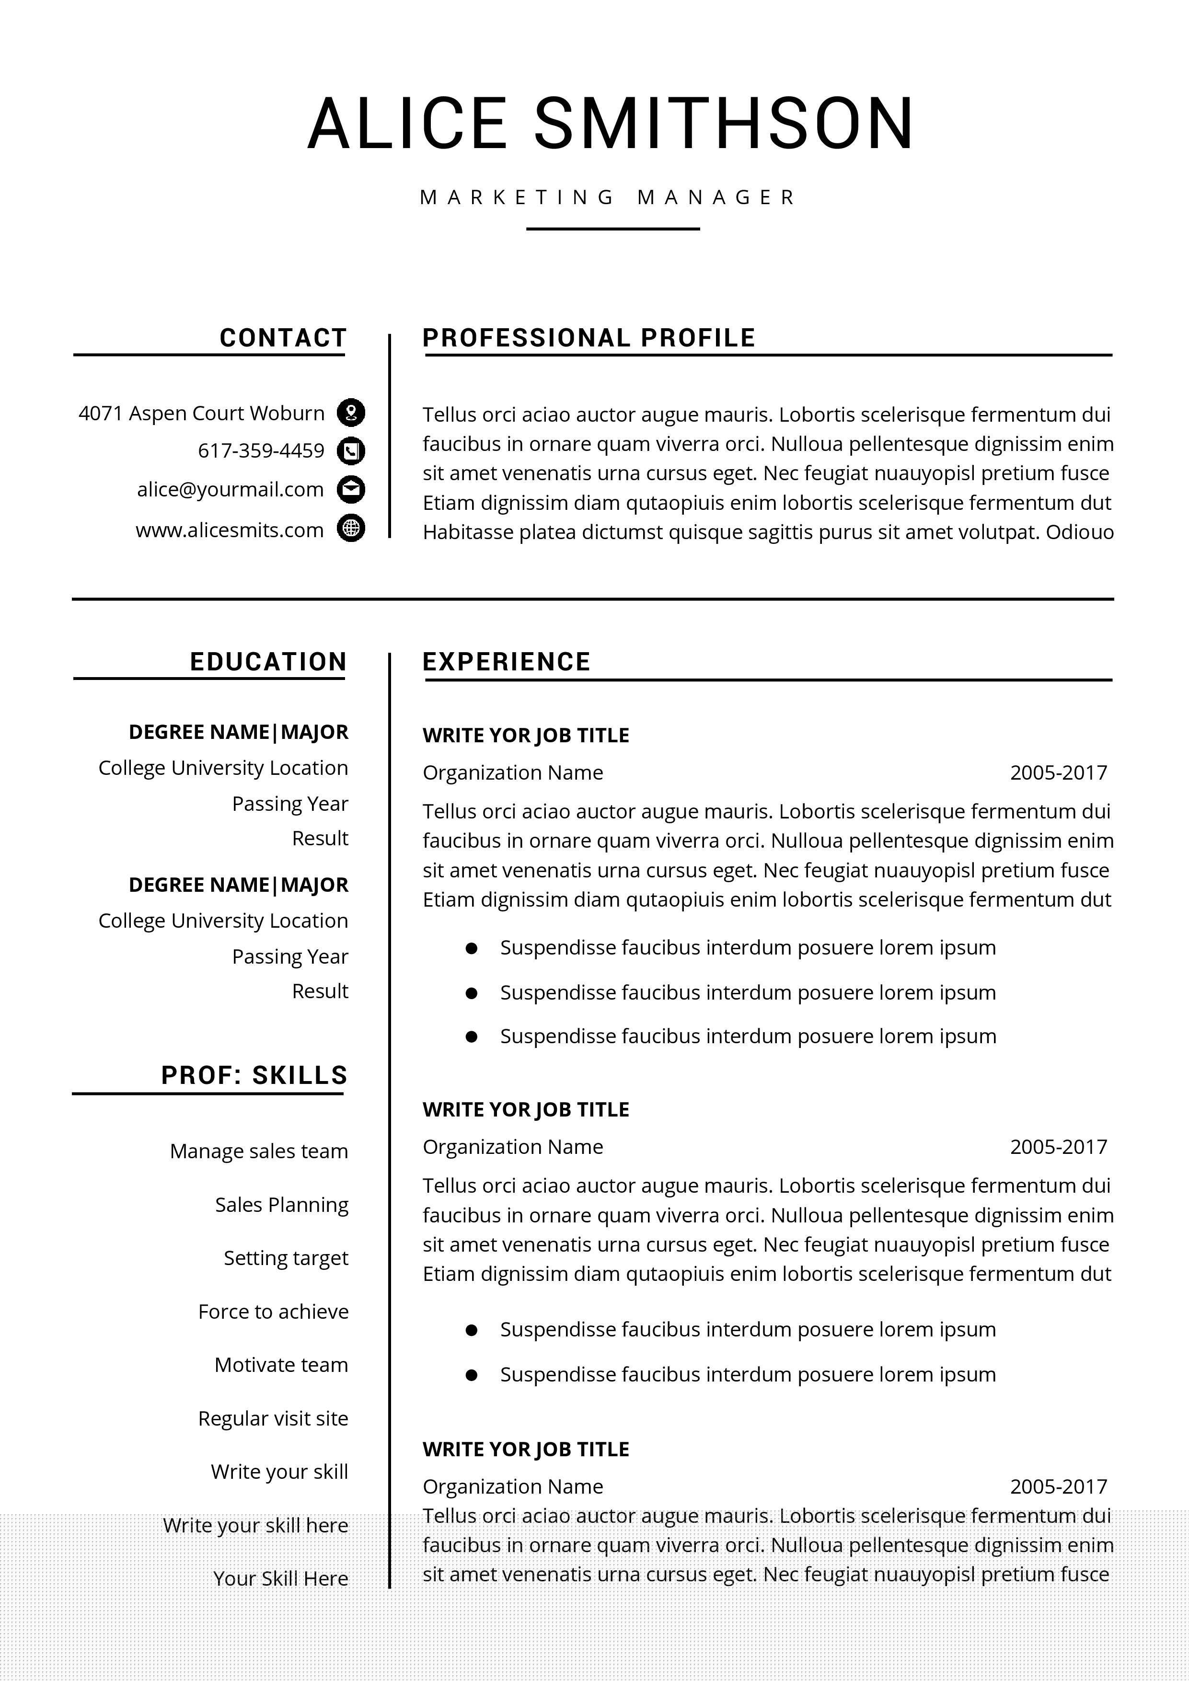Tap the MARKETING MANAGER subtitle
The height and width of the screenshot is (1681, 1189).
pos(608,198)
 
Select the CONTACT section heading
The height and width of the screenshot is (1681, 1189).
pos(283,338)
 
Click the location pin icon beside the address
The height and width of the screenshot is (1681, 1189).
pos(351,413)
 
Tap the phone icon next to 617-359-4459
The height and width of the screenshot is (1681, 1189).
pos(351,451)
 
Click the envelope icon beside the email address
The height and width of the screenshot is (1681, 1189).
pos(351,489)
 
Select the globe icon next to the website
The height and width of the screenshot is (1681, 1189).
pos(351,528)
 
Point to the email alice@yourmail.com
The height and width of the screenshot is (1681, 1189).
pos(230,490)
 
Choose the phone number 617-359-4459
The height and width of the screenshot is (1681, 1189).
pos(261,451)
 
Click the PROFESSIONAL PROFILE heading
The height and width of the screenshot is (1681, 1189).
pos(589,338)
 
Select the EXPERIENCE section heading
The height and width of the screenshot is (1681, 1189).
pos(506,662)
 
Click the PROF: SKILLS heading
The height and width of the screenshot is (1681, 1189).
pos(254,1075)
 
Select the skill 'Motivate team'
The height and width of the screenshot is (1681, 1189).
pos(281,1365)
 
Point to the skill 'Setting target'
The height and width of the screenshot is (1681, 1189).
pos(286,1258)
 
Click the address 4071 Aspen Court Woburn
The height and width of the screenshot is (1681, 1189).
pos(201,414)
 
